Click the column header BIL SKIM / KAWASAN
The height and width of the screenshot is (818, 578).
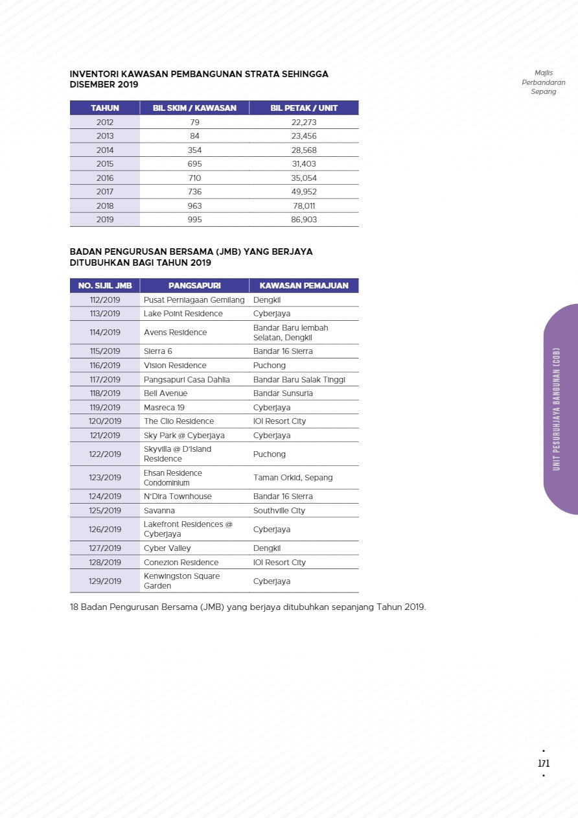pyautogui.click(x=194, y=108)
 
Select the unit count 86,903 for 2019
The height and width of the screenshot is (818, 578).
pyautogui.click(x=304, y=220)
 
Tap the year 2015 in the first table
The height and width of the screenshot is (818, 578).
pyautogui.click(x=105, y=164)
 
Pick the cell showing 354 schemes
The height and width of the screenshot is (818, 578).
pyautogui.click(x=194, y=150)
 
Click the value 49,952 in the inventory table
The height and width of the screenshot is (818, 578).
pyautogui.click(x=304, y=192)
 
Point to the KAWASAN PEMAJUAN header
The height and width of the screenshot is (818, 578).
pyautogui.click(x=304, y=286)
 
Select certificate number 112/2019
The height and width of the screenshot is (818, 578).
pyautogui.click(x=105, y=300)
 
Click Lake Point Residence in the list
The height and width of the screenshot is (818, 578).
pyautogui.click(x=183, y=314)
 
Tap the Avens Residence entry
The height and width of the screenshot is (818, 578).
pyautogui.click(x=175, y=333)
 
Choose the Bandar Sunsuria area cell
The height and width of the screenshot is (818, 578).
pyautogui.click(x=283, y=393)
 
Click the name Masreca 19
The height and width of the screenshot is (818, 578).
pyautogui.click(x=164, y=408)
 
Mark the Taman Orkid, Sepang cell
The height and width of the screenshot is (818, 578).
pyautogui.click(x=292, y=478)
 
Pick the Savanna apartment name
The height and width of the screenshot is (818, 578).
pyautogui.click(x=159, y=511)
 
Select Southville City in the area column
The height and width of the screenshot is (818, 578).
pyautogui.click(x=279, y=511)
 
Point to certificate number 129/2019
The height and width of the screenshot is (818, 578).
pyautogui.click(x=105, y=581)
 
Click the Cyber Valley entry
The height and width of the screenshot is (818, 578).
pyautogui.click(x=168, y=548)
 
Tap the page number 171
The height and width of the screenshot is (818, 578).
pyautogui.click(x=544, y=764)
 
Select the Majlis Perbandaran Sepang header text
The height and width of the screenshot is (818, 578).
pyautogui.click(x=543, y=82)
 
